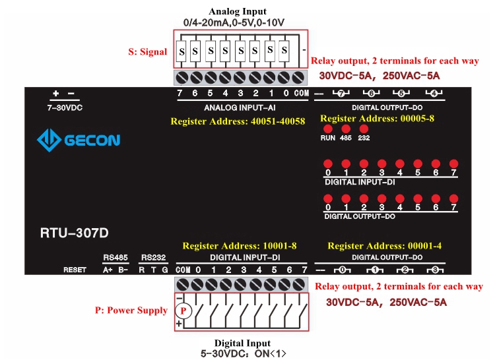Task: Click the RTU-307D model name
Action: point(74,233)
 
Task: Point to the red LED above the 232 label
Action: point(363,129)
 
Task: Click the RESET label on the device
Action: point(75,270)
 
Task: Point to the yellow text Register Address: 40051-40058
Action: point(238,121)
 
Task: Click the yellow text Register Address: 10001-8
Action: point(239,246)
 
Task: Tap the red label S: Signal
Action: point(147,52)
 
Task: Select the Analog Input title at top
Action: point(238,11)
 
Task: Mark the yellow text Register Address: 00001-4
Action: point(385,246)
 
